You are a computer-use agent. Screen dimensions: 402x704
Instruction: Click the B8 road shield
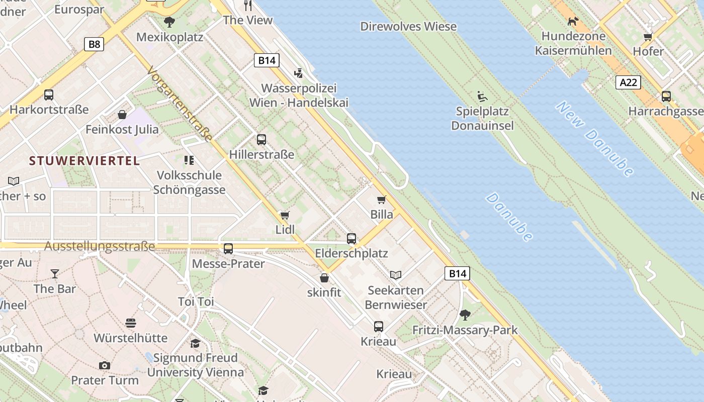[94, 44]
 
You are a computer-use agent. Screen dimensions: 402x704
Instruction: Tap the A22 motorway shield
[628, 82]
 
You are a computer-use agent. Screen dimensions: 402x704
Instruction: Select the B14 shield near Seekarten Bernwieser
[457, 273]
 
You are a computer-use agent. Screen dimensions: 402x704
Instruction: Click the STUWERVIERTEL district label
[84, 161]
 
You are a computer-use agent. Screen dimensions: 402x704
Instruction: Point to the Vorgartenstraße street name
[180, 105]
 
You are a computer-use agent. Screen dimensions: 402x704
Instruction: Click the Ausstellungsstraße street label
[99, 246]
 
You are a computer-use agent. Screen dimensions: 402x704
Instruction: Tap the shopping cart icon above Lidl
[285, 216]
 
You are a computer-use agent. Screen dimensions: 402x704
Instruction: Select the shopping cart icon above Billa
[382, 200]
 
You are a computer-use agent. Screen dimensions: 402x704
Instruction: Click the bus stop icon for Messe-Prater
[228, 249]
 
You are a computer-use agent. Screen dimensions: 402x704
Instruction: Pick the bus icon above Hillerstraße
[261, 140]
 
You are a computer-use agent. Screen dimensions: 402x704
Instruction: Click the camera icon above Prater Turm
[105, 365]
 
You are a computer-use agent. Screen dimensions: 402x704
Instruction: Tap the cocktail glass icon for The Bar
[54, 274]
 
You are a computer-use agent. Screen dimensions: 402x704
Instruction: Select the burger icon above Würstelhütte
[131, 323]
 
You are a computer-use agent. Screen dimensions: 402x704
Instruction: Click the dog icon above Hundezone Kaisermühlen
[573, 21]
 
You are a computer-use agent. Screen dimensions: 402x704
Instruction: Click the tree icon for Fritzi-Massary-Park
[465, 315]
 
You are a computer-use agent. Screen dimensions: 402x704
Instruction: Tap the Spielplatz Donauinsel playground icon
[482, 96]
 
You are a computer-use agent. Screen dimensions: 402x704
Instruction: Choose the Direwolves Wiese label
[408, 26]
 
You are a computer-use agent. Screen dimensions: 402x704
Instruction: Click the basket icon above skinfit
[324, 277]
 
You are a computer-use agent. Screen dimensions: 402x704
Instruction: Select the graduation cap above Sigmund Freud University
[195, 343]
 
